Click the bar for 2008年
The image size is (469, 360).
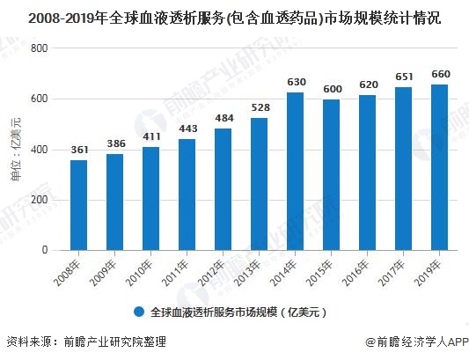coord(79,204)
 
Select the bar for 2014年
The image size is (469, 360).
coord(296,171)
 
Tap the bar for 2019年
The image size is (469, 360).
coord(440,167)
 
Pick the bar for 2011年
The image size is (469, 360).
coord(187,195)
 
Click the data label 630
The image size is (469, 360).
coord(296,83)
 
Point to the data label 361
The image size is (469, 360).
coord(79,151)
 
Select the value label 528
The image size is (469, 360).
coord(260,108)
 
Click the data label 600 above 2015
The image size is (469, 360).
coord(332,90)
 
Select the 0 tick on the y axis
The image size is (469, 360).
coord(41,251)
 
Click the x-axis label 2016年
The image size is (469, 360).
coord(360,270)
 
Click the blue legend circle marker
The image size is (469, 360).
coord(139,312)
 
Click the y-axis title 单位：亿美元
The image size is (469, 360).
coord(15,150)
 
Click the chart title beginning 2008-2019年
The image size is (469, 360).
coord(234,16)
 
